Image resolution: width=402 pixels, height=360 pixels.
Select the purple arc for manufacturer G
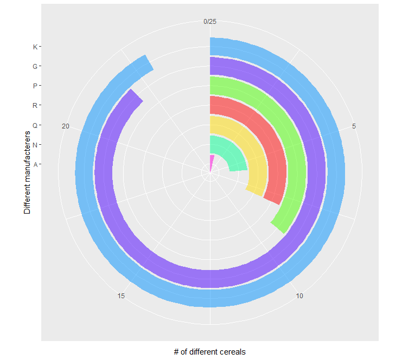318,173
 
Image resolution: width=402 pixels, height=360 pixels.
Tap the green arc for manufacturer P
298,163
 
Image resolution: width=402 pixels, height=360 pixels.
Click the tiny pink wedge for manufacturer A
212,158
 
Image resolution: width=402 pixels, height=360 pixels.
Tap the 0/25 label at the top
210,22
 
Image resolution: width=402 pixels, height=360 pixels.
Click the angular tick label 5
354,126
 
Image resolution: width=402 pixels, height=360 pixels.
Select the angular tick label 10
299,296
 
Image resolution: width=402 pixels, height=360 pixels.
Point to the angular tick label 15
121,296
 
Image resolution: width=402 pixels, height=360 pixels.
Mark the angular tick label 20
66,126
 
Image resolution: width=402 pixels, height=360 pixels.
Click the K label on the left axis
35,47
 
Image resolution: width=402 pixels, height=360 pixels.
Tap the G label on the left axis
35,66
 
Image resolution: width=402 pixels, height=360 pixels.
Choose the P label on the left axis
35,86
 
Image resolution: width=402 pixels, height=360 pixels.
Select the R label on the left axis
35,105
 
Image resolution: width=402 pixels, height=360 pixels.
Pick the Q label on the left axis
35,125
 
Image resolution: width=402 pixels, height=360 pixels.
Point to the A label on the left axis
35,164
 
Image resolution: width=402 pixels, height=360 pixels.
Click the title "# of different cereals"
210,351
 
